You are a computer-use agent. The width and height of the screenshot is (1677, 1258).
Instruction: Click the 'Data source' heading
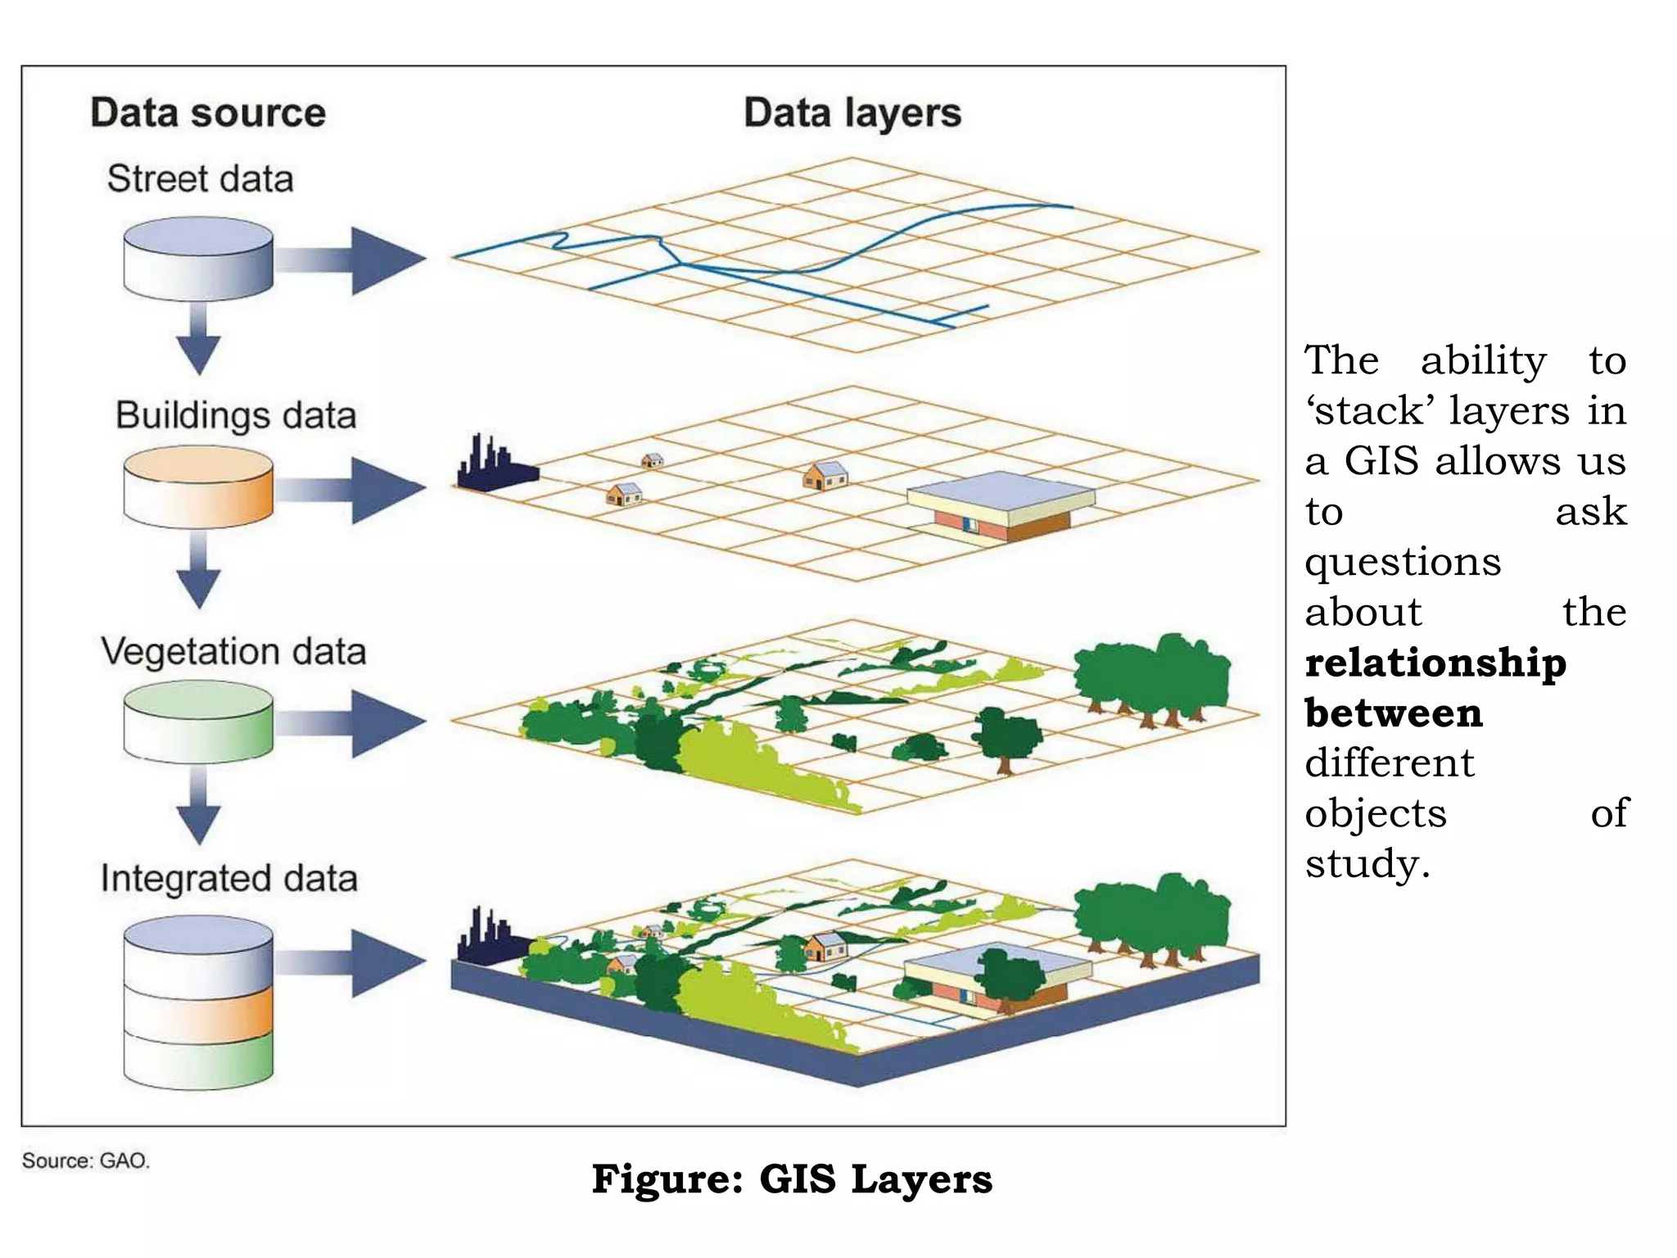[x=208, y=112]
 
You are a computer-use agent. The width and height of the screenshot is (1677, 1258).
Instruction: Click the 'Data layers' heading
[x=852, y=113]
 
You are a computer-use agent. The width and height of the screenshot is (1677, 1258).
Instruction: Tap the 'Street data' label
[x=200, y=179]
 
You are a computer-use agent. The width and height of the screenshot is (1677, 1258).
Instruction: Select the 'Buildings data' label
[x=236, y=415]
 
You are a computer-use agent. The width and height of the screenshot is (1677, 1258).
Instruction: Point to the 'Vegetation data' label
[x=233, y=652]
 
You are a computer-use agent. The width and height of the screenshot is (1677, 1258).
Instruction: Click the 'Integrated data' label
[x=229, y=879]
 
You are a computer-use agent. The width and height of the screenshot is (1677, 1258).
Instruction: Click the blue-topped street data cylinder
[x=198, y=257]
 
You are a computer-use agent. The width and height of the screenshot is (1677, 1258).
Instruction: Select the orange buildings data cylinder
[x=198, y=488]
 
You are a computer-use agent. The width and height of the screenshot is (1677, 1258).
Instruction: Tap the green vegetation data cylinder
[x=198, y=722]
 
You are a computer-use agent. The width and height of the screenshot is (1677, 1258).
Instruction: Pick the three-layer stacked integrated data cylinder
[x=198, y=1003]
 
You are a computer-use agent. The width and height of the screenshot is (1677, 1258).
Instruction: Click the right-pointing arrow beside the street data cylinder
[x=352, y=260]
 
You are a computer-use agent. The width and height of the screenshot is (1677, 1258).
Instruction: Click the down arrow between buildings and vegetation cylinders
[x=198, y=570]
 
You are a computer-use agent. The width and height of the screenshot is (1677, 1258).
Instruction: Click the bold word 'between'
[x=1394, y=713]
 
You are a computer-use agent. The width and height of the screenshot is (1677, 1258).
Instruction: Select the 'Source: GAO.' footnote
[x=86, y=1161]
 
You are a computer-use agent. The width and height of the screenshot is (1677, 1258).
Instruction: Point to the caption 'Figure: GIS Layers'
[x=792, y=1179]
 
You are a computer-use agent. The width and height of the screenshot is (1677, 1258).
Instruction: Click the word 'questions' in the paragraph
[x=1403, y=562]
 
